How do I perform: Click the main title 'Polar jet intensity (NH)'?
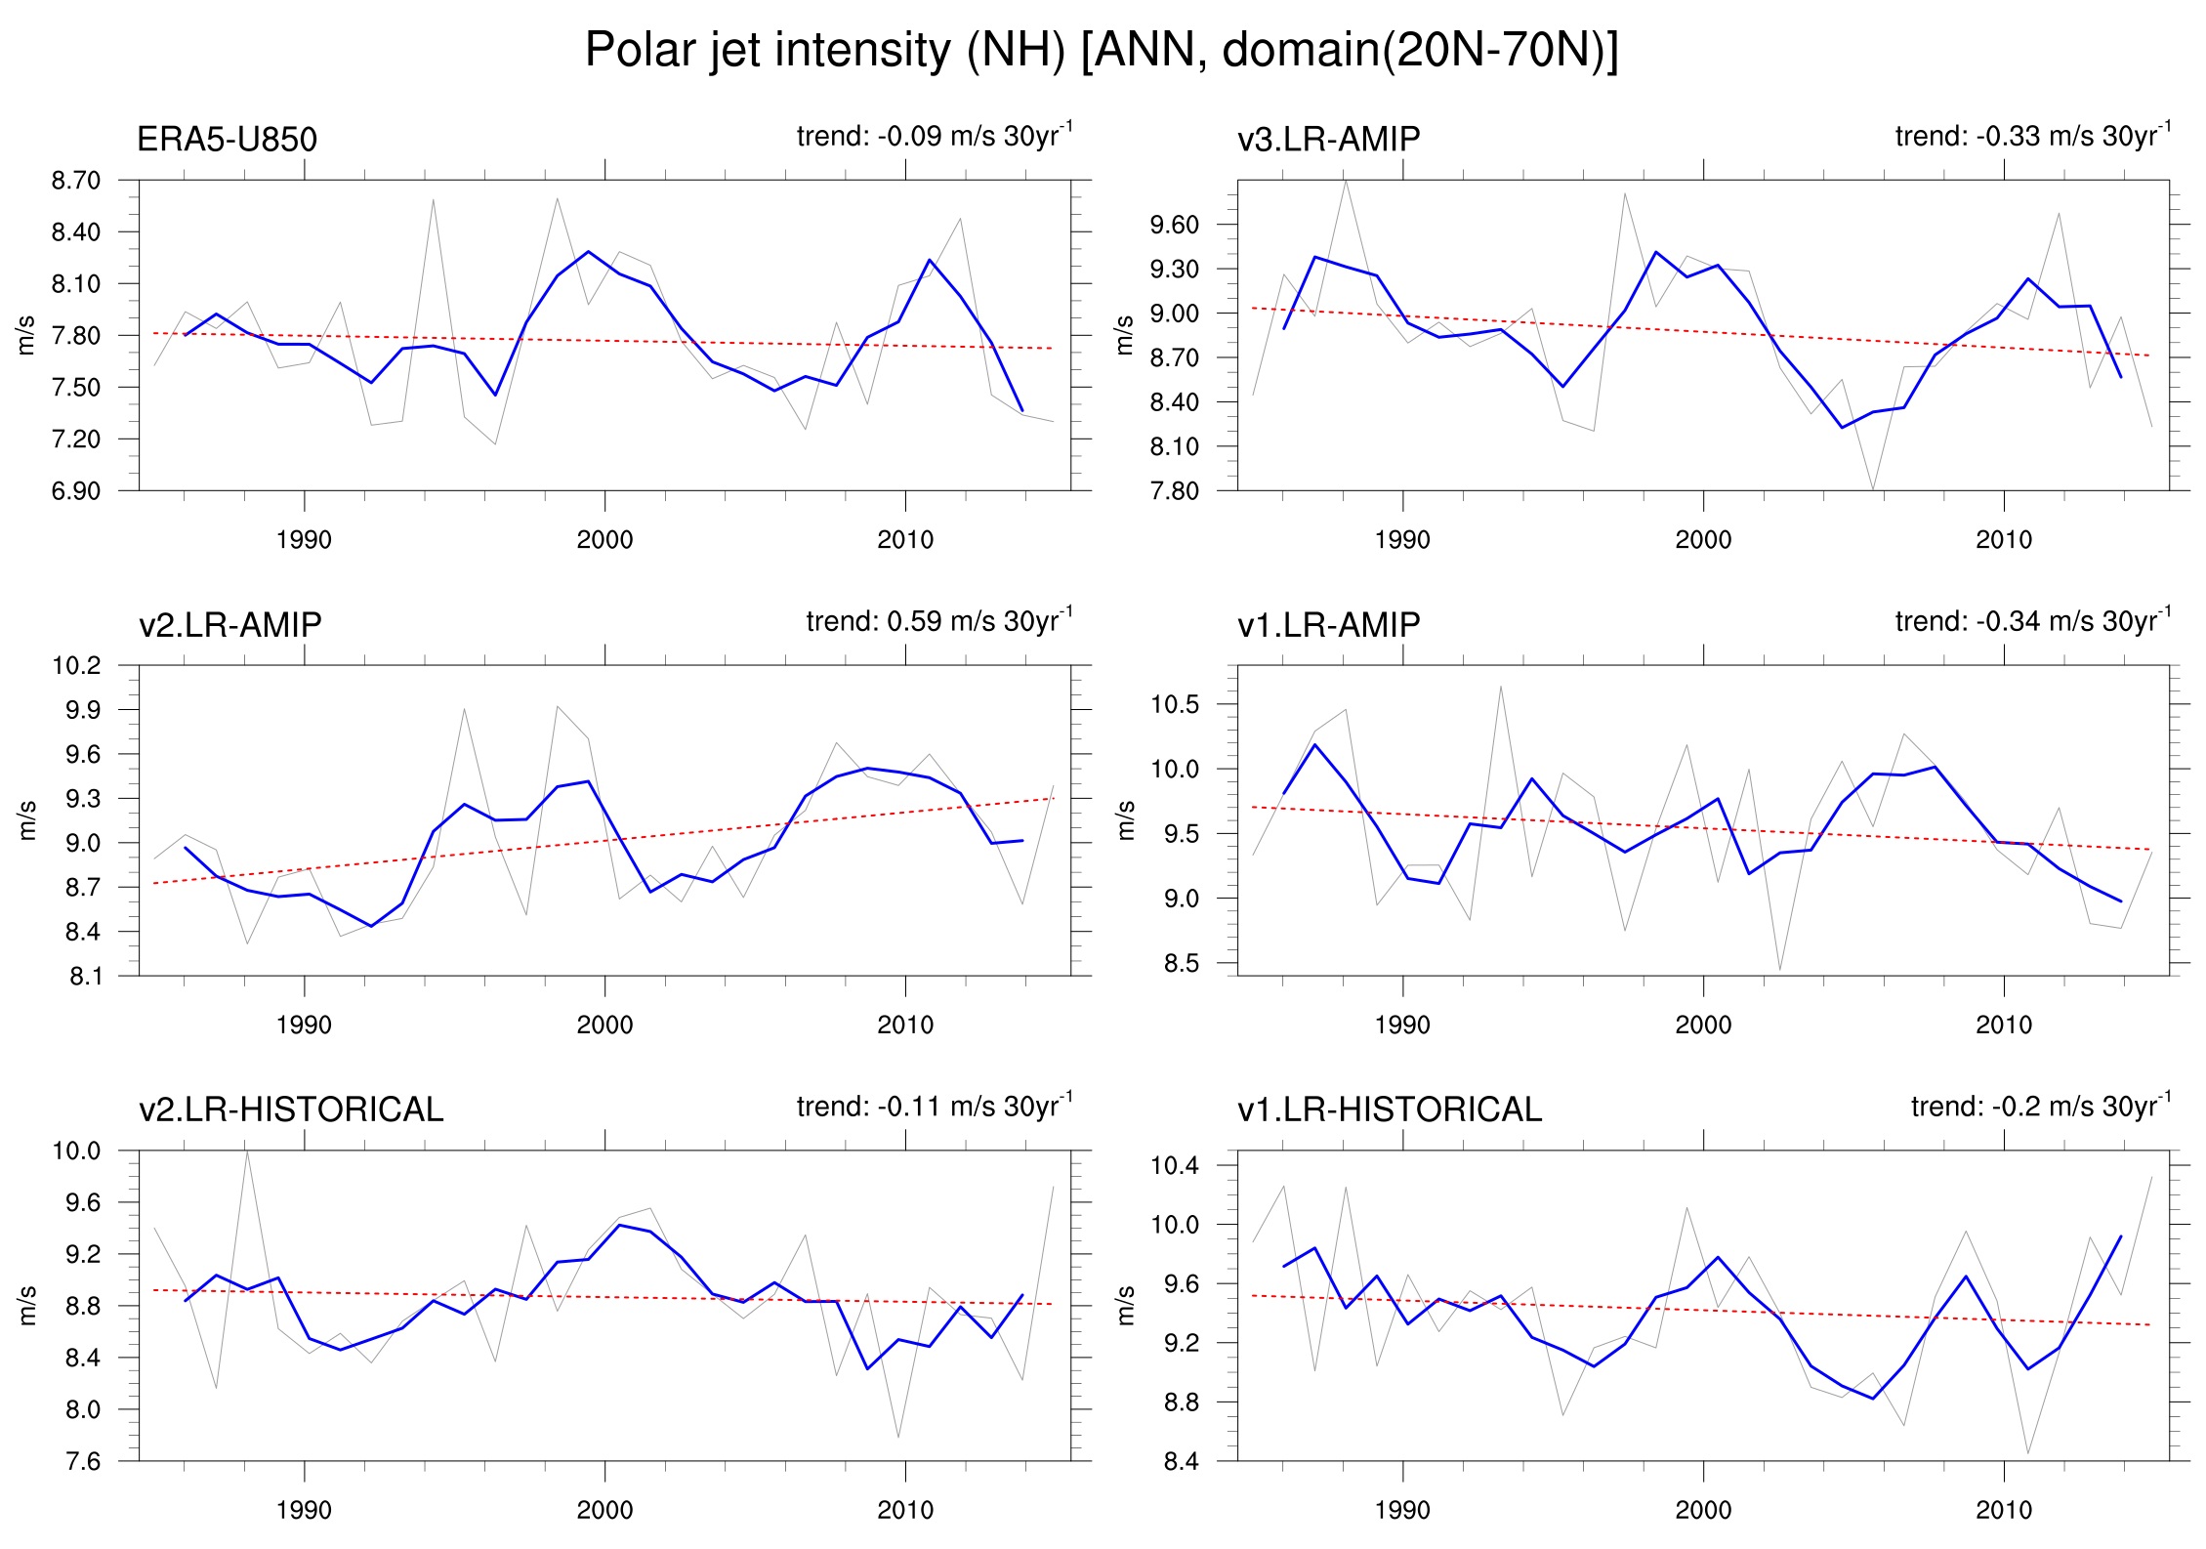point(1101,50)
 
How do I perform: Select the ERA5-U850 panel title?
point(227,140)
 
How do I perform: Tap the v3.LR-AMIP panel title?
point(1328,140)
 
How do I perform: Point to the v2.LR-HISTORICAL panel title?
point(291,1109)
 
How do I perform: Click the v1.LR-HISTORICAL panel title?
point(1390,1109)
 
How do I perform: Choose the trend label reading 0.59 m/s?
point(937,621)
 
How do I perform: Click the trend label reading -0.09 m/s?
point(933,136)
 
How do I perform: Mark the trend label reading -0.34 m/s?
point(2031,621)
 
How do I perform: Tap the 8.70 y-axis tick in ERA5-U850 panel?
point(76,181)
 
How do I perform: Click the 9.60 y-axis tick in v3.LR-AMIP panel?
point(1174,225)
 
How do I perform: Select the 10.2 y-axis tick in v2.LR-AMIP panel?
point(76,666)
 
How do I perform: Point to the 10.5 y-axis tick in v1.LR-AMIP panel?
point(1174,704)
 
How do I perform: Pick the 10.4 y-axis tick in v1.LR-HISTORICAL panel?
point(1174,1165)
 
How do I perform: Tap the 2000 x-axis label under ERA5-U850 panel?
point(604,540)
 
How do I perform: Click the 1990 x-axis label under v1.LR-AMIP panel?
point(1402,1026)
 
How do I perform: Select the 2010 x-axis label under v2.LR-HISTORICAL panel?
point(905,1511)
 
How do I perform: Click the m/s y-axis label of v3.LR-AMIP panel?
point(1125,335)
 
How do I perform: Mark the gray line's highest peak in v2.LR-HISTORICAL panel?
point(247,1151)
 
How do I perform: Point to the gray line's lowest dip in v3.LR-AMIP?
point(1872,488)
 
